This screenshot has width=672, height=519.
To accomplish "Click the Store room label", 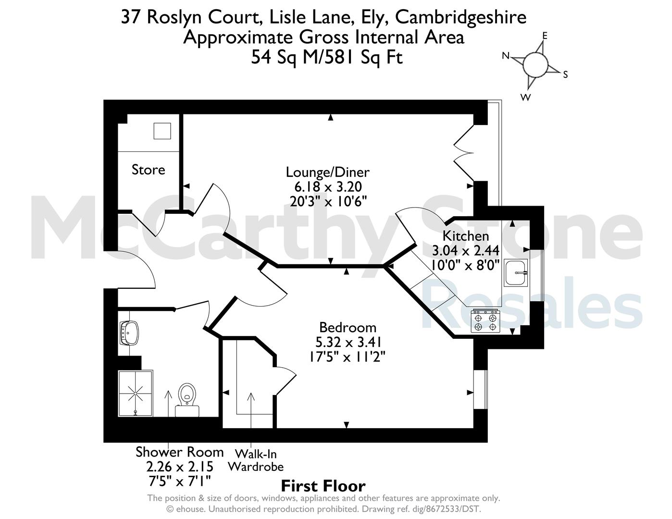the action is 148,170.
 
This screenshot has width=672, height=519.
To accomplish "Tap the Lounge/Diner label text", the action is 327,173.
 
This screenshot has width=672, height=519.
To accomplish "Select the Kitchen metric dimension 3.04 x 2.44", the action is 465,250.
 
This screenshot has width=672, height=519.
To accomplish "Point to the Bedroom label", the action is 348,327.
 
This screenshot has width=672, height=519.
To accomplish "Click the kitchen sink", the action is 516,272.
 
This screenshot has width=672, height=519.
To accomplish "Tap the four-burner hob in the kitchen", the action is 485,321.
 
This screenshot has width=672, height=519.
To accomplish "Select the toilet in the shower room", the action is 187,400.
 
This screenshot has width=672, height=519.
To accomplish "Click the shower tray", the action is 136,393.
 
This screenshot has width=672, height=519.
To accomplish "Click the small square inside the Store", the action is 162,131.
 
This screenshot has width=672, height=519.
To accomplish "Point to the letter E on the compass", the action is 545,36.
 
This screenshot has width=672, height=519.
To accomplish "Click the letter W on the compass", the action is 525,98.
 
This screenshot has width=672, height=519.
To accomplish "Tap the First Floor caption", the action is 323,486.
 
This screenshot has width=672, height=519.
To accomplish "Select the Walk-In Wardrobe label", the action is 256,460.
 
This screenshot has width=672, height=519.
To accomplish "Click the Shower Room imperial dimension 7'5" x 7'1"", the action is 180,481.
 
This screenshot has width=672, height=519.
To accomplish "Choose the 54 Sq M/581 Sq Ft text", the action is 327,57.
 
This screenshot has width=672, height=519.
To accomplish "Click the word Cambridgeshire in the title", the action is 461,17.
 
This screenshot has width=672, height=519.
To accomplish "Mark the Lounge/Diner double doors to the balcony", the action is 464,153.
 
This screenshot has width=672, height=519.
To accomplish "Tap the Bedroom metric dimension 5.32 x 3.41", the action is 348,342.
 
